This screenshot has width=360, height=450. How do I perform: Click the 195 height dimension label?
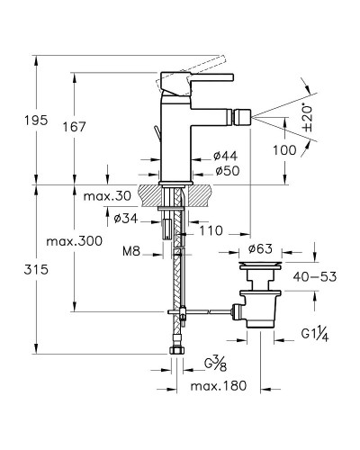pyautogui.click(x=36, y=121)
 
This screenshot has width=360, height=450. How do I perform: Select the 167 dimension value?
pyautogui.click(x=75, y=127)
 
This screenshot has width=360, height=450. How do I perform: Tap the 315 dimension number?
pyautogui.click(x=36, y=270)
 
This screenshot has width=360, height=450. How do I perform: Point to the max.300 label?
pyautogui.click(x=75, y=241)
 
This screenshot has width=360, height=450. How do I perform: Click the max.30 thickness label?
pyautogui.click(x=107, y=196)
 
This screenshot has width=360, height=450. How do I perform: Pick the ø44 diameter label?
pyautogui.click(x=226, y=156)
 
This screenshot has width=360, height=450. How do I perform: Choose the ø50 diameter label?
pyautogui.click(x=228, y=171)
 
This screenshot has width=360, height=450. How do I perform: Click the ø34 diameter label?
pyautogui.click(x=126, y=219)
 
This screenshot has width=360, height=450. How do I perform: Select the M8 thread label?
pyautogui.click(x=131, y=251)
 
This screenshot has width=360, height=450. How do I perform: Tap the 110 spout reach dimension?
pyautogui.click(x=211, y=230)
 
